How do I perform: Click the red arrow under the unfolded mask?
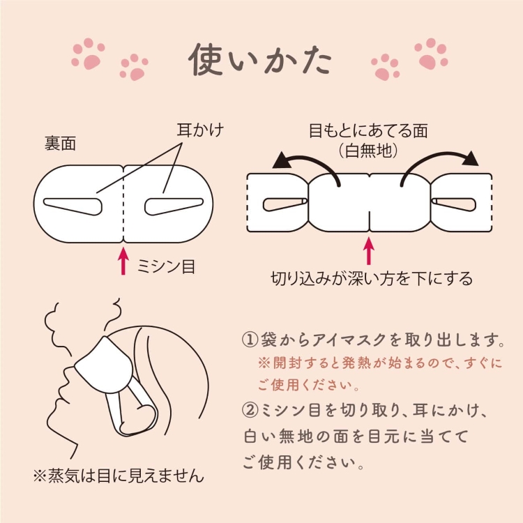[x=369, y=251]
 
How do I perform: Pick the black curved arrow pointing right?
[x=440, y=165]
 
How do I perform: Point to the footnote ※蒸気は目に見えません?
[x=119, y=476]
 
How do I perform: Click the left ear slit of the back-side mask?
[x=74, y=204]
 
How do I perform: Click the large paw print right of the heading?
[x=430, y=54]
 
